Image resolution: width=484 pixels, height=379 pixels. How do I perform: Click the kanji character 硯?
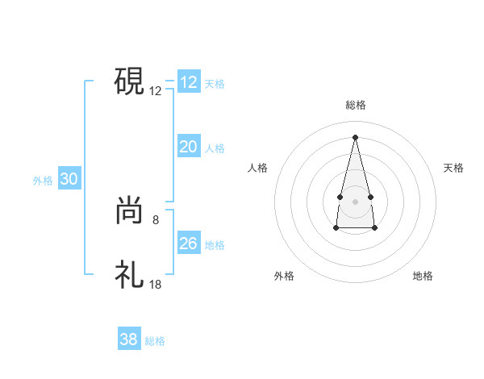pyautogui.click(x=129, y=81)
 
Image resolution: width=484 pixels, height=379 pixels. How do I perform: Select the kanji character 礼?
pyautogui.click(x=129, y=275)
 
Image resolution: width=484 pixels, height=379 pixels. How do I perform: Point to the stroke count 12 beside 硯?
pyautogui.click(x=156, y=91)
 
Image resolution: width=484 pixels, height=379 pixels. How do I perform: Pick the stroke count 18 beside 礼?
pyautogui.click(x=156, y=285)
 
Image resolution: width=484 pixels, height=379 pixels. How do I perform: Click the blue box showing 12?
pyautogui.click(x=189, y=82)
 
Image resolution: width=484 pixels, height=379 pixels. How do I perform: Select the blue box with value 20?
pyautogui.click(x=189, y=147)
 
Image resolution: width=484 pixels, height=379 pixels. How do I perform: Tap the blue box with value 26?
pyautogui.click(x=189, y=244)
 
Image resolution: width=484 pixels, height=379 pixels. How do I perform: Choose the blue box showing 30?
pyautogui.click(x=69, y=180)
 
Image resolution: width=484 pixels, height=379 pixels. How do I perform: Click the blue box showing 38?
pyautogui.click(x=128, y=339)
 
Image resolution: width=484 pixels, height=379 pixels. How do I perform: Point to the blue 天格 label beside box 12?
pyautogui.click(x=215, y=84)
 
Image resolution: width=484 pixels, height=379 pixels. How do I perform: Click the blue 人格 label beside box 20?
pyautogui.click(x=215, y=148)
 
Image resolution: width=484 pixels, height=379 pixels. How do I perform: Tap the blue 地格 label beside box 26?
pyautogui.click(x=215, y=245)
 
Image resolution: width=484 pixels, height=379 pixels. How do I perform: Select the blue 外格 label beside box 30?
pyautogui.click(x=43, y=181)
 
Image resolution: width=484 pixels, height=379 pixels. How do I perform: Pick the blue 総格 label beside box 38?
pyautogui.click(x=155, y=341)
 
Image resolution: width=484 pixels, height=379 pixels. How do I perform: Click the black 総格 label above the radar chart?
pyautogui.click(x=356, y=105)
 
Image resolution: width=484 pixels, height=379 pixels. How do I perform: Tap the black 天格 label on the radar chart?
pyautogui.click(x=454, y=168)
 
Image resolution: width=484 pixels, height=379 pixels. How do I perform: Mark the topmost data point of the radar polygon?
pyautogui.click(x=355, y=136)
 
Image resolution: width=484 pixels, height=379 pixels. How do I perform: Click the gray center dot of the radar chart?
pyautogui.click(x=355, y=199)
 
